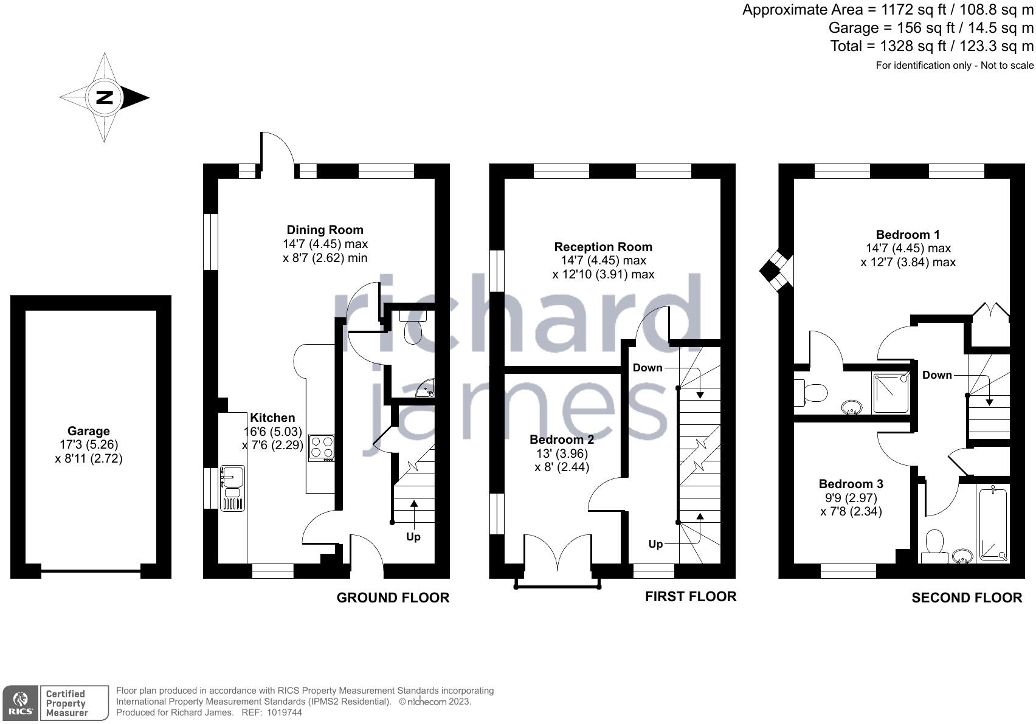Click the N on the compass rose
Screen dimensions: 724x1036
[x=105, y=97]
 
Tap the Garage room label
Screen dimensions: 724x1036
[x=89, y=431]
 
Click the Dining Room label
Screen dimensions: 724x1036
[x=325, y=230]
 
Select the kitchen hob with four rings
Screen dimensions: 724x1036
[x=322, y=447]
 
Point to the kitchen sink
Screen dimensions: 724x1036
[x=232, y=477]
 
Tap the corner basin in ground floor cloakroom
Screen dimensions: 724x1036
[x=427, y=390]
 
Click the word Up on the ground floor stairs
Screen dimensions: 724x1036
[x=413, y=537]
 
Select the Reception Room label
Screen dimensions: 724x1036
[x=603, y=247]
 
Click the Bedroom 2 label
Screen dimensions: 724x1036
[x=561, y=440]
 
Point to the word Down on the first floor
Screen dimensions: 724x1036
[x=647, y=368]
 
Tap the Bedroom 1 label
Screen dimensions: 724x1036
[x=907, y=235]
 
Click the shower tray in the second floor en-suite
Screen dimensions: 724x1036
[x=891, y=393]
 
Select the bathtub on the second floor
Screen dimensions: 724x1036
[x=992, y=524]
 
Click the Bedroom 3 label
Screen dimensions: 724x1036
[x=851, y=484]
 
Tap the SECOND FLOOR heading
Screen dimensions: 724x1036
[x=966, y=598]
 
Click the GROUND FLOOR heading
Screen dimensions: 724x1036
[x=393, y=598]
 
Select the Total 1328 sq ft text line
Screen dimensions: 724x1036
[x=931, y=46]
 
